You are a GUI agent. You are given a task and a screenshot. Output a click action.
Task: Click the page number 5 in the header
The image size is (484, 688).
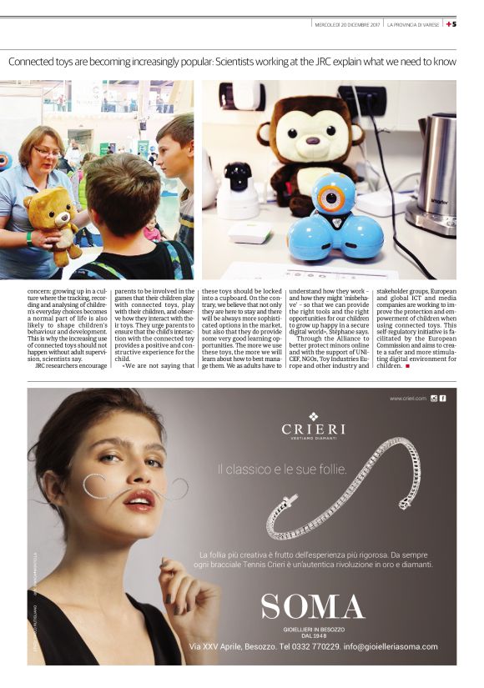pyautogui.click(x=454, y=24)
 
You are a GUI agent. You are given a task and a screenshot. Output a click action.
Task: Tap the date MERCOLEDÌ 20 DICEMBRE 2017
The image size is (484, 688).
pyautogui.click(x=345, y=24)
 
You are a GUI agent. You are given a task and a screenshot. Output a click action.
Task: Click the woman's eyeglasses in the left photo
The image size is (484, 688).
pyautogui.click(x=48, y=152)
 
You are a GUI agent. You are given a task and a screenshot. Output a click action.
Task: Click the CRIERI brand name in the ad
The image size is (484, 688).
pyautogui.click(x=313, y=429)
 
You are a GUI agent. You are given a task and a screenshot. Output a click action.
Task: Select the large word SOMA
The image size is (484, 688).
pyautogui.click(x=313, y=607)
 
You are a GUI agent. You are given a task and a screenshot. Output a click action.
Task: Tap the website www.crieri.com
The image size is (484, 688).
pyautogui.click(x=408, y=399)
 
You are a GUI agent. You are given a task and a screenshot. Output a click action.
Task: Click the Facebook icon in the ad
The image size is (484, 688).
pyautogui.click(x=442, y=399)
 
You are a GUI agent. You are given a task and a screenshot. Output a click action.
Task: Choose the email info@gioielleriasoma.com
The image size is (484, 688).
pyautogui.click(x=390, y=646)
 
